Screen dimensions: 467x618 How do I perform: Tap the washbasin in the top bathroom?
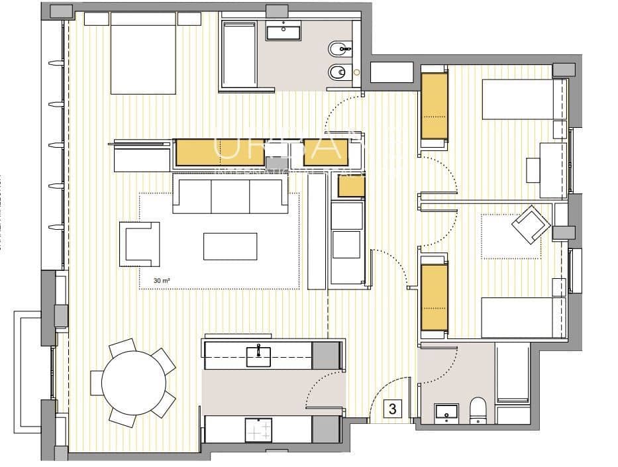point(284,30)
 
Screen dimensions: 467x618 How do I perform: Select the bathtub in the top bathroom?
point(239,54)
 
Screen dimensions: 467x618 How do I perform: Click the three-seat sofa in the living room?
point(230,194)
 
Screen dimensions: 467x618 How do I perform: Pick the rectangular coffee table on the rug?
point(230,246)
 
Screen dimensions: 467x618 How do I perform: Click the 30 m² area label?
point(162,280)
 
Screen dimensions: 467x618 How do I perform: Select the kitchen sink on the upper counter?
point(258,356)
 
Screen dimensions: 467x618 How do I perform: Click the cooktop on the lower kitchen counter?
point(258,430)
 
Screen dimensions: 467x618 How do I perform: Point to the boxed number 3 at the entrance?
point(392,409)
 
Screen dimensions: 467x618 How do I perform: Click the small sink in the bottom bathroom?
point(447,413)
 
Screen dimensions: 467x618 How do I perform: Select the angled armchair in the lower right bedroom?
point(531,223)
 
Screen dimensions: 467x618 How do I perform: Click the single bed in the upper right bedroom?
point(521,99)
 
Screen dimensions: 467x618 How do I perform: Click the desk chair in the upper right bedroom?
point(533,170)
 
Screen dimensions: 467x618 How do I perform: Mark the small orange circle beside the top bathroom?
point(356,71)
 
